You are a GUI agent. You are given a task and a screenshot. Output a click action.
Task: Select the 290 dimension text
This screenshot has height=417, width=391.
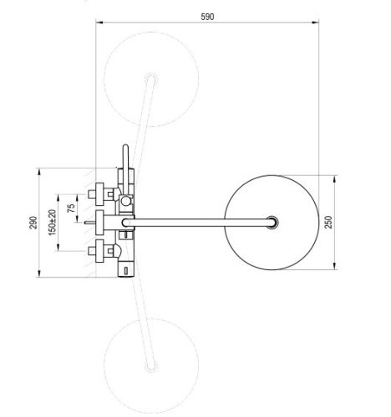[x=33, y=222]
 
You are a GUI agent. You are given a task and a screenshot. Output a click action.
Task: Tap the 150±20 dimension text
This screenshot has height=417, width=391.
[x=54, y=222]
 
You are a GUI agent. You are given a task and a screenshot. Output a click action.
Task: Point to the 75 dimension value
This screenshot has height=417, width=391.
[x=70, y=206]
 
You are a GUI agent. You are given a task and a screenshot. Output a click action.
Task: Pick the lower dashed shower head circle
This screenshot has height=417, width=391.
[x=150, y=363]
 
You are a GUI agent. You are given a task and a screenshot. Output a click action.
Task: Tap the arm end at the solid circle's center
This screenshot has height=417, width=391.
[x=272, y=222]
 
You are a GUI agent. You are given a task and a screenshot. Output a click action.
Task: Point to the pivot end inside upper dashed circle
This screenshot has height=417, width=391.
[x=152, y=80]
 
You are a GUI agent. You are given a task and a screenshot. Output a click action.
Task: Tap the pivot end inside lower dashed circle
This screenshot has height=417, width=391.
[x=150, y=364]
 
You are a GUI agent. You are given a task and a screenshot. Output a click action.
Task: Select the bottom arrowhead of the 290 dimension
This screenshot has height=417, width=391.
[x=39, y=275]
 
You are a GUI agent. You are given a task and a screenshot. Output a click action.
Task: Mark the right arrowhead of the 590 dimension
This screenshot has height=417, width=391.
[x=321, y=24]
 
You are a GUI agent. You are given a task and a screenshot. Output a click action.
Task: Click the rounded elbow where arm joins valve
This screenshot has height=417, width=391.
[x=128, y=223]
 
